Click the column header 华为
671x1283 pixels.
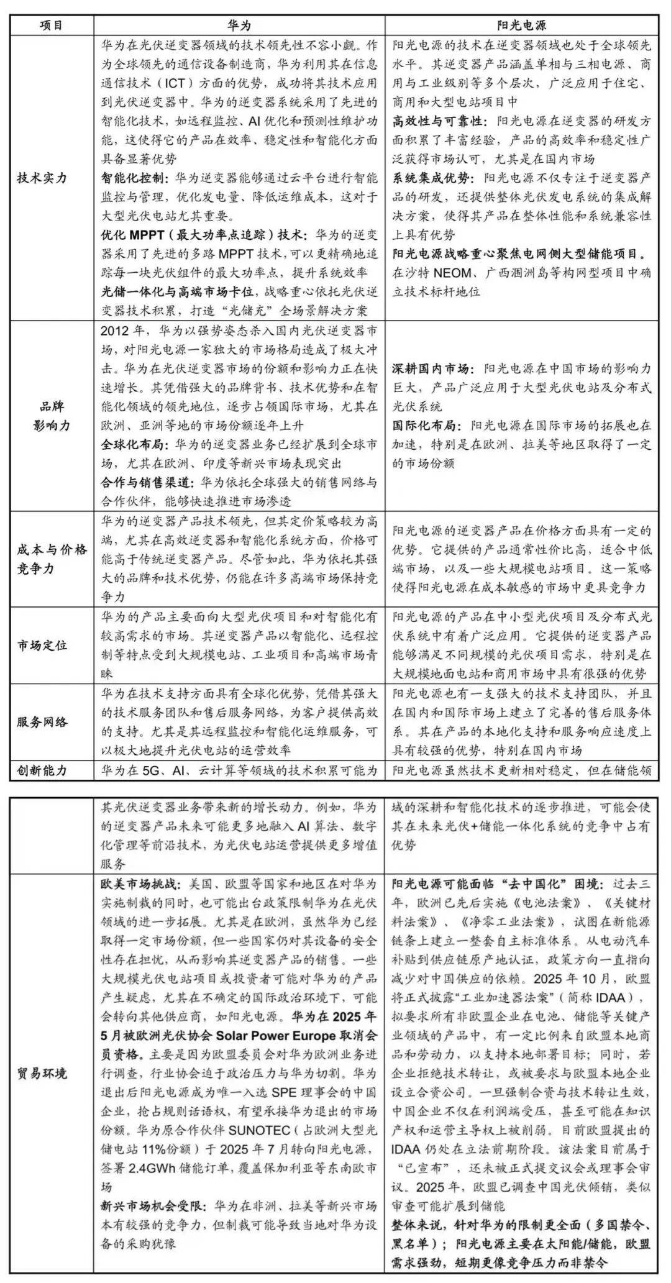(x=239, y=25)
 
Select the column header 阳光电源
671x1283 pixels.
(x=522, y=25)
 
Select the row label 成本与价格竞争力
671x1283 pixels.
(x=52, y=559)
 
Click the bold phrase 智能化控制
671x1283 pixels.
(x=132, y=178)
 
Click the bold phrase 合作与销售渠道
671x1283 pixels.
(x=139, y=483)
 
